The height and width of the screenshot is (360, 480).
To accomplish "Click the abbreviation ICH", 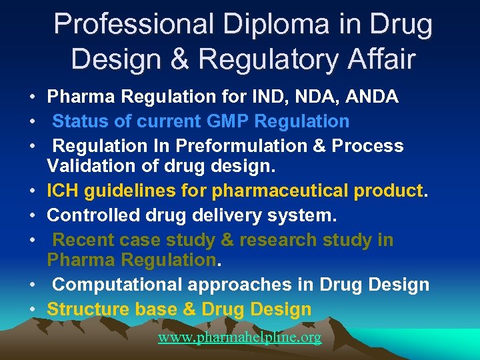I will point(63,192).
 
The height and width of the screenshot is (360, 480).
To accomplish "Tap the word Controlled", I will point(89,215).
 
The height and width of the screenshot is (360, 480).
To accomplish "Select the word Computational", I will point(118,285).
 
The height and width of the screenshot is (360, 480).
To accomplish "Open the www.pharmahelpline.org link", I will point(239,338).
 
